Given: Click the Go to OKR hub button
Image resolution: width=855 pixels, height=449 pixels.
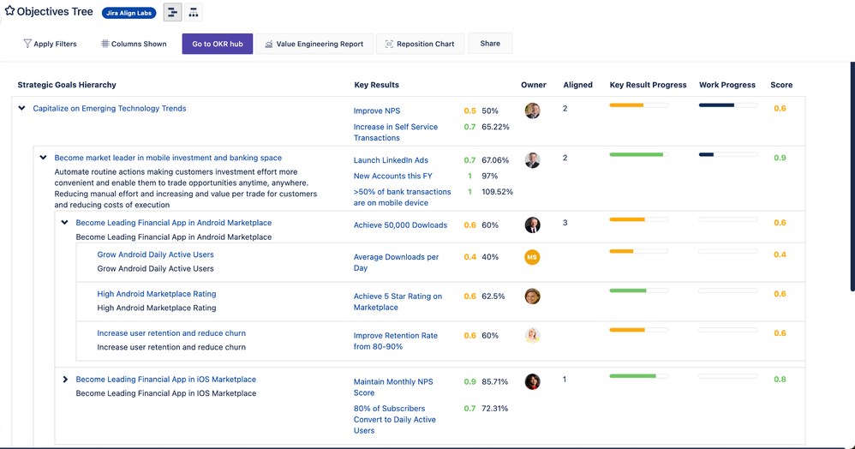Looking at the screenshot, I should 217,44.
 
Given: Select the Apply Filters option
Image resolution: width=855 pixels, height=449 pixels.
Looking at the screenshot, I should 50,44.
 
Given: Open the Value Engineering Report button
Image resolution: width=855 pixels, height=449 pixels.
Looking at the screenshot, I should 314,44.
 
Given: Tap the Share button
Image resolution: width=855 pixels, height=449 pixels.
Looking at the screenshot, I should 490,43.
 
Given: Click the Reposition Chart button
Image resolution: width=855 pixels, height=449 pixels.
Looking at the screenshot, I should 420,44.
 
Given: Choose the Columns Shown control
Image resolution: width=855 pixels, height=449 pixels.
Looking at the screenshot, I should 134,44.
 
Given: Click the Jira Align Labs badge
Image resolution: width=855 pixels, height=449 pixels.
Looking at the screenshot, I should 129,14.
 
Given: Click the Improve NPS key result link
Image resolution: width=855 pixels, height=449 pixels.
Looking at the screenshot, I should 377,111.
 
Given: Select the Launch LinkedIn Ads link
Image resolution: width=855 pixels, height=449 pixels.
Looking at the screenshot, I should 391,160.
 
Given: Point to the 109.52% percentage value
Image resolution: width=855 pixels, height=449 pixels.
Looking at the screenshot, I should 497,192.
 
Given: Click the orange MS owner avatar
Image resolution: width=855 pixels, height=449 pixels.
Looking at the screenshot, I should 532,257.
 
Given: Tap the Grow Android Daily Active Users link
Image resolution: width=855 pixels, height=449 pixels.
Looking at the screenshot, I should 155,254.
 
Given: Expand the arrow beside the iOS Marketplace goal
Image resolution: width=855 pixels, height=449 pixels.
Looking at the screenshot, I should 65,380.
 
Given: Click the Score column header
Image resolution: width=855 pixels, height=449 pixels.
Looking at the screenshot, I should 781,85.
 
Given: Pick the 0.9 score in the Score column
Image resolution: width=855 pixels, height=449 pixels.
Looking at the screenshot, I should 780,159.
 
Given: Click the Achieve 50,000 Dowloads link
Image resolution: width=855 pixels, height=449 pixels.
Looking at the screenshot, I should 400,225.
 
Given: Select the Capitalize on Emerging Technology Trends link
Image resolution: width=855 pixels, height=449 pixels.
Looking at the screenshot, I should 110,109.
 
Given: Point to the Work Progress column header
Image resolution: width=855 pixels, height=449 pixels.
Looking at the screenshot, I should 726,85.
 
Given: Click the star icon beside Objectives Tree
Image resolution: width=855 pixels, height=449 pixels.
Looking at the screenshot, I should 9,12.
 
